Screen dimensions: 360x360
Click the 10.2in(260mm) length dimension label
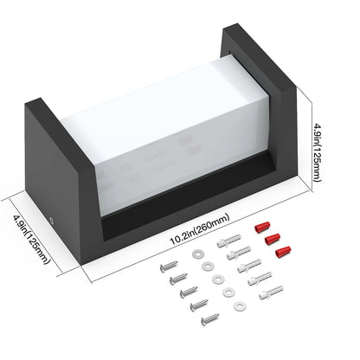pos(200,229)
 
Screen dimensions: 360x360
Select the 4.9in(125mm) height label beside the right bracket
pos(318,153)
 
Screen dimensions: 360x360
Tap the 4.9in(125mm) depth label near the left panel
pos(31,239)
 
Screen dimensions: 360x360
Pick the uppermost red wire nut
pos(262,227)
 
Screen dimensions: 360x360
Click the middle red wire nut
pos(273,239)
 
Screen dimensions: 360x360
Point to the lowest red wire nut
pos(283,252)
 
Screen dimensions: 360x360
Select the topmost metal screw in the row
pos(169,266)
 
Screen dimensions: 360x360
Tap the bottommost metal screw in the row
pos(210,319)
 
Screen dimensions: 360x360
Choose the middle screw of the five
pos(189,292)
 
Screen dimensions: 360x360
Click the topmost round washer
pos(198,254)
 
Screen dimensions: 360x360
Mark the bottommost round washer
pos(240,306)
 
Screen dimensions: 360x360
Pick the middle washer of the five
pos(218,279)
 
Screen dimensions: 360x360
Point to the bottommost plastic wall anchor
pos(271,292)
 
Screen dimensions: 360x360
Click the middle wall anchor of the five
pos(249,267)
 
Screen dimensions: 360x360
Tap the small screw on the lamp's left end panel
pos(52,222)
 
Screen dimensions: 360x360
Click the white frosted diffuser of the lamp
pos(164,132)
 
